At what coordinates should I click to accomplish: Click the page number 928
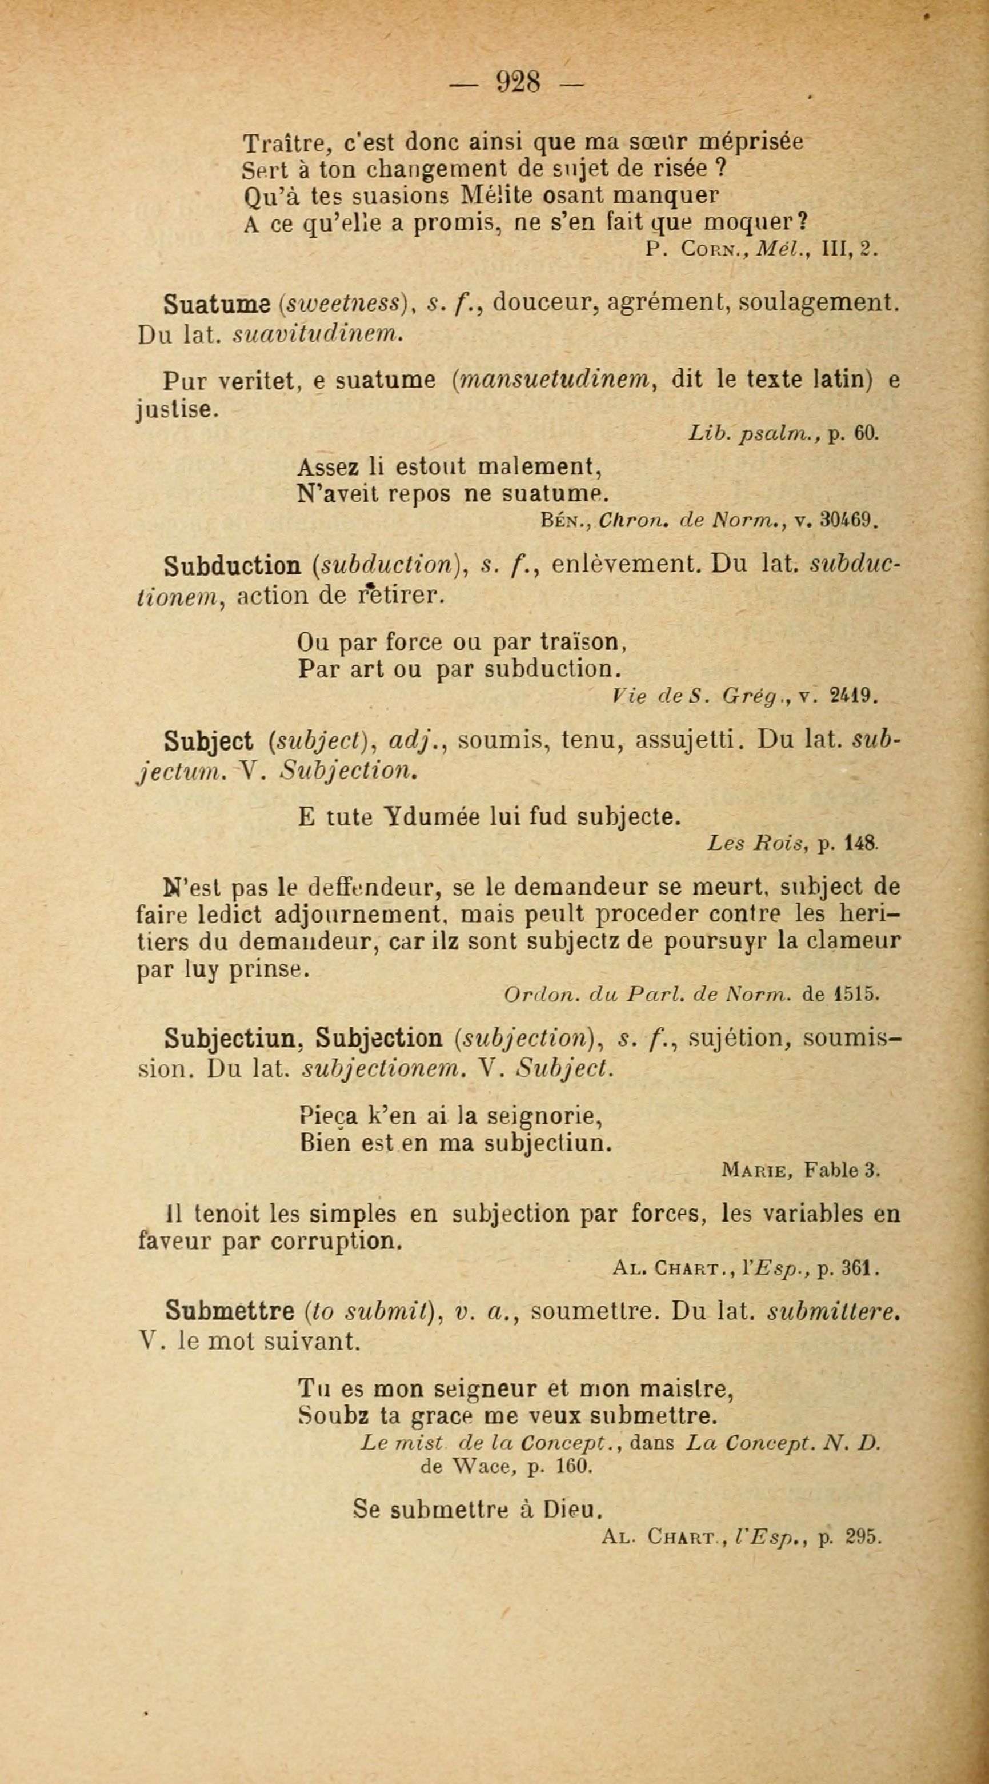pos(518,83)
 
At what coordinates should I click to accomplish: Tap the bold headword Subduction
pos(232,566)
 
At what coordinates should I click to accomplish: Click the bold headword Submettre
pos(230,1311)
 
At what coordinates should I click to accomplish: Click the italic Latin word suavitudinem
pos(317,334)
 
